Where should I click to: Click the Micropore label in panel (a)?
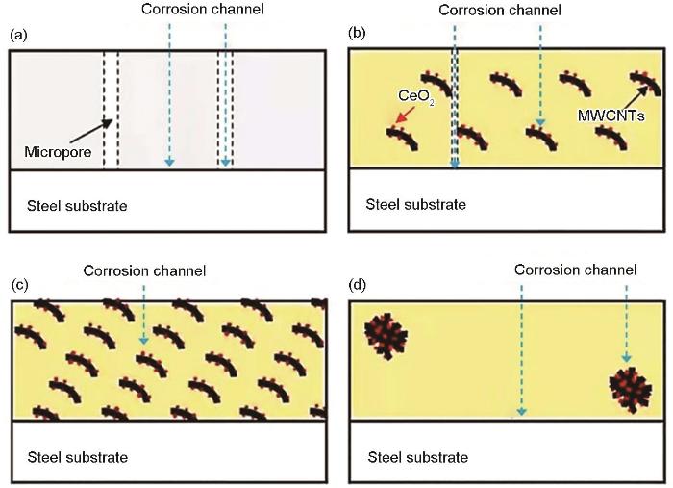(x=58, y=152)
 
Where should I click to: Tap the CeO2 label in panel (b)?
(x=416, y=96)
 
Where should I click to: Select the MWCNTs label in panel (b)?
(x=611, y=116)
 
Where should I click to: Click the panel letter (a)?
(x=18, y=35)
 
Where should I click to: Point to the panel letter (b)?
(x=357, y=33)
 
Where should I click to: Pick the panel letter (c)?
(x=19, y=285)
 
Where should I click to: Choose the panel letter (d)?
(x=358, y=285)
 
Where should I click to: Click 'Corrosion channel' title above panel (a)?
(x=203, y=9)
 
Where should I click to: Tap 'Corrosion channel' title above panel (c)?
(x=144, y=271)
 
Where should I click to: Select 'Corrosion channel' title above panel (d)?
(x=576, y=270)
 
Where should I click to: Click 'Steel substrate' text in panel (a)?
(x=77, y=206)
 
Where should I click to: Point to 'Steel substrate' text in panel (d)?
(x=417, y=457)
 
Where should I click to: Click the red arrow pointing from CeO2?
(x=405, y=115)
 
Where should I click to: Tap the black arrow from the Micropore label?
(x=91, y=131)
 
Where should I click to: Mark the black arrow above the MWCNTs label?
(x=634, y=96)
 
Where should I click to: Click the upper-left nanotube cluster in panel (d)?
(x=386, y=336)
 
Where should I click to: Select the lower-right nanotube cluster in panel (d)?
(x=631, y=390)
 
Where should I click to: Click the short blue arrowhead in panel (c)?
(x=144, y=340)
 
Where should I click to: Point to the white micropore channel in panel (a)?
(x=111, y=110)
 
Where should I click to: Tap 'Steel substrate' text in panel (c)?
(x=78, y=457)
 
